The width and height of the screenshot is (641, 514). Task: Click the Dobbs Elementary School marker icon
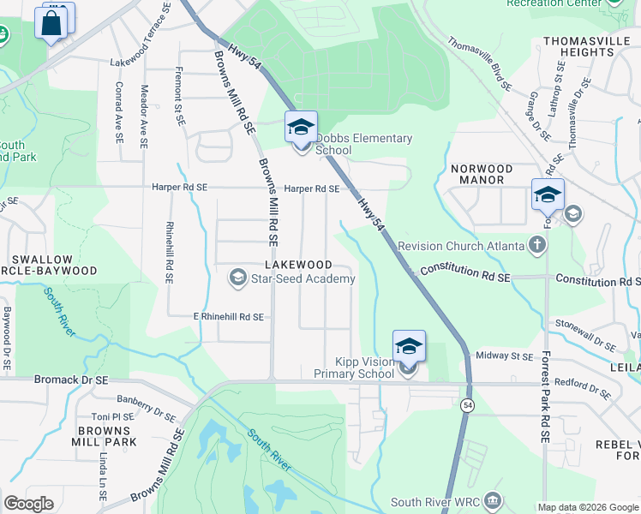tap(301, 128)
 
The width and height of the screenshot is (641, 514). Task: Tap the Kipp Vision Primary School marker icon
tap(409, 348)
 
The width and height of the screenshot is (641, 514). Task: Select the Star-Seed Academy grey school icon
tap(237, 278)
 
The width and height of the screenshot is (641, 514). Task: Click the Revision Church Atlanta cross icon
tap(536, 246)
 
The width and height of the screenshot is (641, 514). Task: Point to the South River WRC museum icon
tap(492, 500)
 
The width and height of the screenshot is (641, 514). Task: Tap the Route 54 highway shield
tap(466, 405)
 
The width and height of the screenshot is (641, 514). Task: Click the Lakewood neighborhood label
tap(298, 264)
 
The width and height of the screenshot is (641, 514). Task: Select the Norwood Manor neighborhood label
tap(482, 175)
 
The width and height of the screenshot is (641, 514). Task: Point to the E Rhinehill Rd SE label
tap(228, 316)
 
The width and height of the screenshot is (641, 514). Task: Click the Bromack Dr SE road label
tap(73, 378)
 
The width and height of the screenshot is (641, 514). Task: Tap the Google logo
tap(29, 504)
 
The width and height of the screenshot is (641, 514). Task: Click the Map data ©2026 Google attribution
tap(587, 507)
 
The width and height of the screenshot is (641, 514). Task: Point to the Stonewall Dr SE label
tap(585, 335)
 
